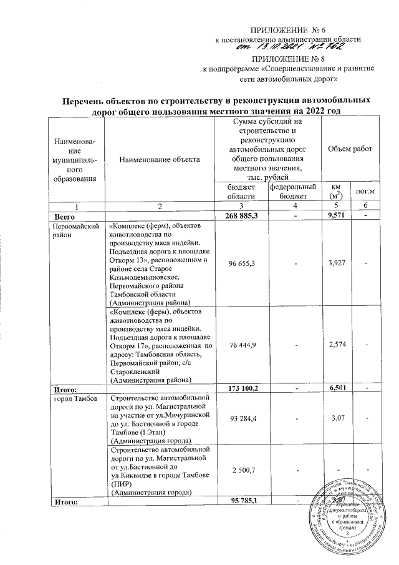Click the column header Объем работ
tap(350, 150)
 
